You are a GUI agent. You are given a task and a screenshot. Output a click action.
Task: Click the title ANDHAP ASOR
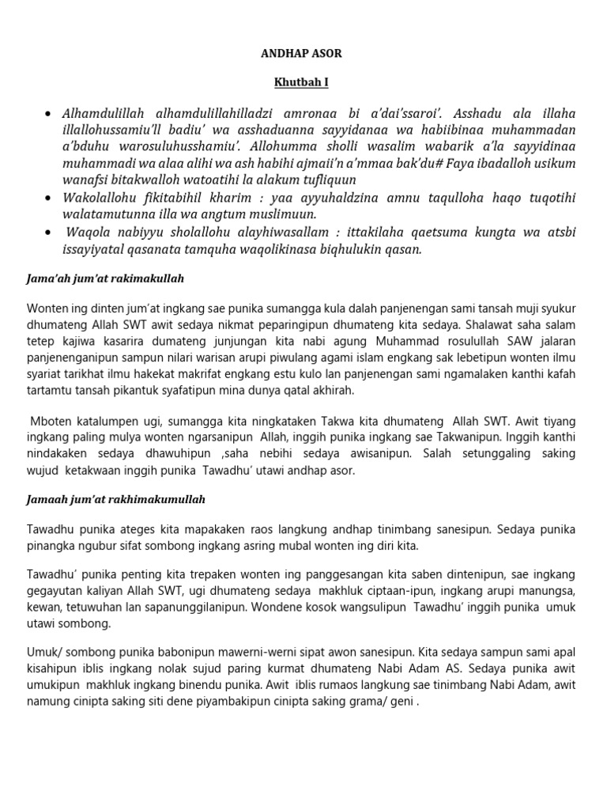[x=303, y=53]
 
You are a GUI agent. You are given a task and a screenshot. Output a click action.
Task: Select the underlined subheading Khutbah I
[x=303, y=81]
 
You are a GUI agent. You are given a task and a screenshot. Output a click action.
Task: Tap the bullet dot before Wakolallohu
[x=51, y=196]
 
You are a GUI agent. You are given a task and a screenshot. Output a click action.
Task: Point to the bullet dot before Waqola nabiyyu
[x=51, y=233]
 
